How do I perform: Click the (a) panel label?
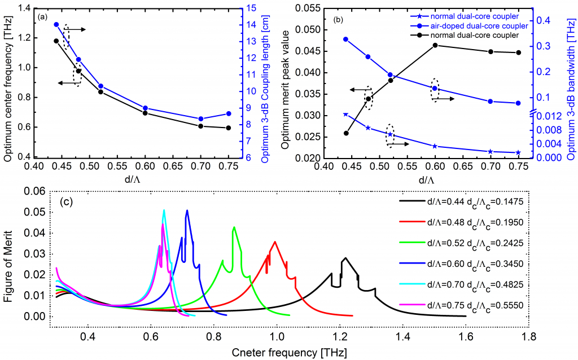click(42, 17)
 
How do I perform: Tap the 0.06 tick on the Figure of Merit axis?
click(36, 192)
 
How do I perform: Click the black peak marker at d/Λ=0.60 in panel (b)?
click(435, 45)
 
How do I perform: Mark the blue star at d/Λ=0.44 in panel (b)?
click(345, 115)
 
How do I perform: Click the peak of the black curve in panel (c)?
click(345, 258)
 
